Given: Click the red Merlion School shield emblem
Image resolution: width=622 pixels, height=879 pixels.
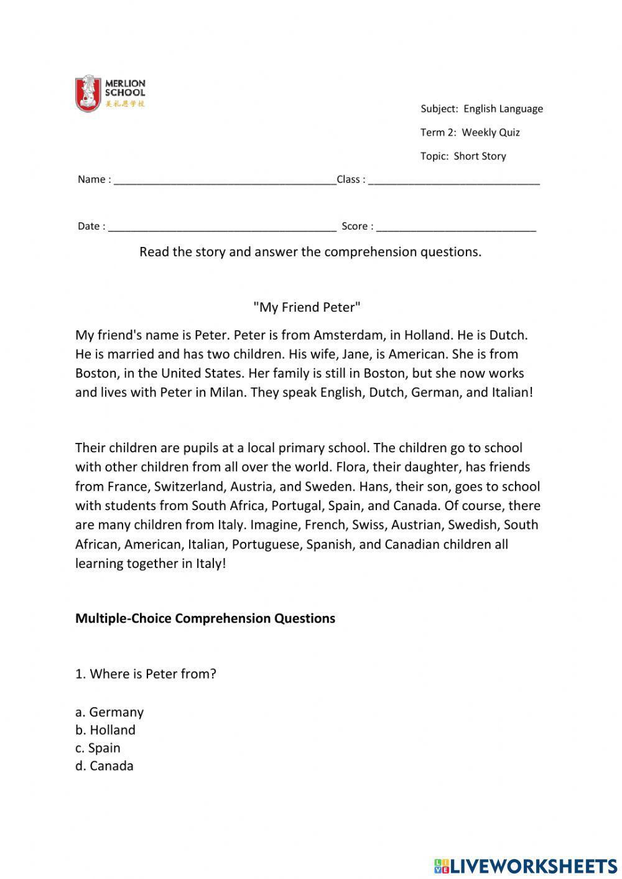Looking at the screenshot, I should tap(88, 93).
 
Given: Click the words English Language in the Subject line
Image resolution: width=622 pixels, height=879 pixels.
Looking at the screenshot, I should tap(503, 109).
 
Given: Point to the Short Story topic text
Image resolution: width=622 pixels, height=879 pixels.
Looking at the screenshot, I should tap(480, 156).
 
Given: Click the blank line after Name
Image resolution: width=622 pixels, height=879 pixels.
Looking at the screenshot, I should tap(225, 180).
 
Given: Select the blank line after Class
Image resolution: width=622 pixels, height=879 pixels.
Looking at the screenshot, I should tap(454, 180).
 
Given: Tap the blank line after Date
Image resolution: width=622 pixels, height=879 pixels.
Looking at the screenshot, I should tap(222, 227).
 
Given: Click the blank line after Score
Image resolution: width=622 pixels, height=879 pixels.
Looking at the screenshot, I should tap(456, 227).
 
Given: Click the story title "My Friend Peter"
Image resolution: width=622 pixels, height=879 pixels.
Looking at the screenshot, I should tap(307, 307).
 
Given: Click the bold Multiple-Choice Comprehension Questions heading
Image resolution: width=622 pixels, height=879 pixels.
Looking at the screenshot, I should tap(205, 618).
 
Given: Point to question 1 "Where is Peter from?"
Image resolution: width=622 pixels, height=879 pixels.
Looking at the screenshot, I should tap(146, 674).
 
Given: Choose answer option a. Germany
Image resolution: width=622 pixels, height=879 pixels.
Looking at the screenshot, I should tap(109, 712).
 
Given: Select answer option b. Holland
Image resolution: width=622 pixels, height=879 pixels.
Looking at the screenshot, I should tap(105, 730).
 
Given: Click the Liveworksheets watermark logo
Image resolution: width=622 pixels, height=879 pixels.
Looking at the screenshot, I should tap(526, 865).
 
